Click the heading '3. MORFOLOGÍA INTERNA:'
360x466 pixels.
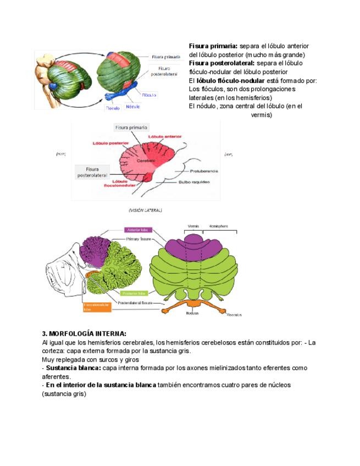pyautogui.click(x=84, y=334)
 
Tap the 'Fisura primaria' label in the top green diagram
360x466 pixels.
pyautogui.click(x=167, y=57)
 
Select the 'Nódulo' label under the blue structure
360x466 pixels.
pyautogui.click(x=132, y=106)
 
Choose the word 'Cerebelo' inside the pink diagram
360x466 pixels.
pyautogui.click(x=143, y=160)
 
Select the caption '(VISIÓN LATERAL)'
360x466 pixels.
pyautogui.click(x=145, y=210)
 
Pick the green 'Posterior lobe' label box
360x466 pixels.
pyautogui.click(x=134, y=293)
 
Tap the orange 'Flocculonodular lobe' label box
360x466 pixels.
pyautogui.click(x=97, y=307)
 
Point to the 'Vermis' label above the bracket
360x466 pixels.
pyautogui.click(x=193, y=226)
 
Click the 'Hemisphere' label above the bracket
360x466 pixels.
pyautogui.click(x=218, y=226)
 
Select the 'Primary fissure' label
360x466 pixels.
pyautogui.click(x=139, y=240)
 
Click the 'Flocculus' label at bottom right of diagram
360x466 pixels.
pyautogui.click(x=234, y=315)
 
